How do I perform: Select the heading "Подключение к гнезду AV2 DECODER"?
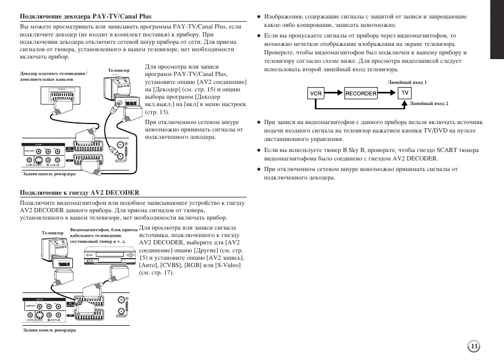[x=79, y=193]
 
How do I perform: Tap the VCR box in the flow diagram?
[x=316, y=93]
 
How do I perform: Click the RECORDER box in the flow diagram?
[x=361, y=93]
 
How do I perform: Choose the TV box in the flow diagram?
[x=405, y=93]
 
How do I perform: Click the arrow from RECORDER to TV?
[x=388, y=93]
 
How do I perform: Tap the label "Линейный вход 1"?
[x=407, y=83]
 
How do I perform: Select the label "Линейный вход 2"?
[x=428, y=104]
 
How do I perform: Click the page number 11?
[x=474, y=346]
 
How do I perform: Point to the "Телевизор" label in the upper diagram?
[x=119, y=70]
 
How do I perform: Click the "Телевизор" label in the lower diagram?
[x=52, y=233]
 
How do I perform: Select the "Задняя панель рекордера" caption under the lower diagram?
[x=49, y=330]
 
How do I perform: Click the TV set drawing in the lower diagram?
[x=55, y=252]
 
